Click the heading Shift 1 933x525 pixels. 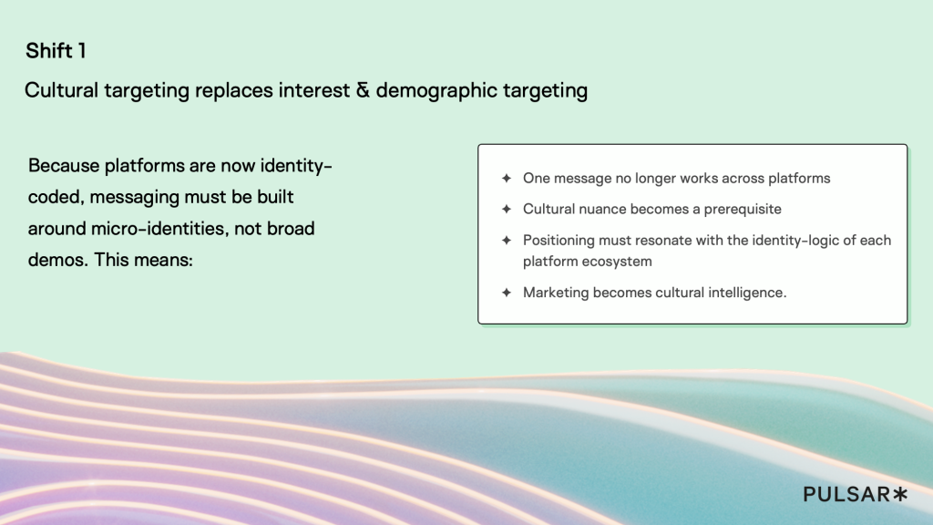56,51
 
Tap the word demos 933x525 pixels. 57,259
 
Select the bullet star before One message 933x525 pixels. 507,179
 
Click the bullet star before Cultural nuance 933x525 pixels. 507,210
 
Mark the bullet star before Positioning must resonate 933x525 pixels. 507,241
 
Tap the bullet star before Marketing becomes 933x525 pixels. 507,293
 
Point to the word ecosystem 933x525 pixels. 620,262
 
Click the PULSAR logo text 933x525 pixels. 846,494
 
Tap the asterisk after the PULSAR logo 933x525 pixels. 900,494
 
